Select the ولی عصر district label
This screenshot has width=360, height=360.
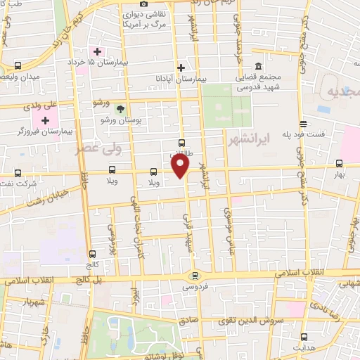pyautogui.click(x=98, y=149)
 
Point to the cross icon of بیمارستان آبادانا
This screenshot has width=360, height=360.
pyautogui.click(x=181, y=68)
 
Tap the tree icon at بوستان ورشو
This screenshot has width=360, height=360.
pyautogui.click(x=120, y=109)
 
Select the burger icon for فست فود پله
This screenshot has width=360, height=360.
pyautogui.click(x=302, y=124)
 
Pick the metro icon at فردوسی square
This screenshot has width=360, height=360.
pyautogui.click(x=195, y=276)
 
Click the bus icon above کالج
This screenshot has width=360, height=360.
pyautogui.click(x=92, y=254)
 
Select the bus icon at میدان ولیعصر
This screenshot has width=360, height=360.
pyautogui.click(x=16, y=66)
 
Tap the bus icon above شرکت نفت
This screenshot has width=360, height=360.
pyautogui.click(x=17, y=173)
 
